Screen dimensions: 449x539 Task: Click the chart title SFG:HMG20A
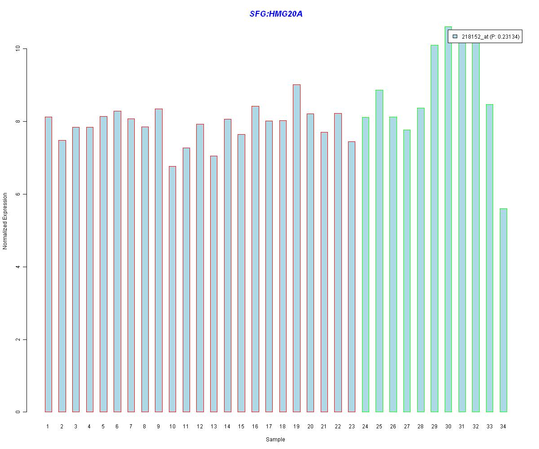[276, 14]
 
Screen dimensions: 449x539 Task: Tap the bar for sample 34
[503, 310]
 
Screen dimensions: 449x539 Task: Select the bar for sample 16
[255, 259]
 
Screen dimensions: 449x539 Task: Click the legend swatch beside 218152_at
[455, 37]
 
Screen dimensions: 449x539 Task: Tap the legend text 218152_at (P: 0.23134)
[490, 37]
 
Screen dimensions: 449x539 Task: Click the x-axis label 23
[351, 427]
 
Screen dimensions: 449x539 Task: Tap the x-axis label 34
[503, 427]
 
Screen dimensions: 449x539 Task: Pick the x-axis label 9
[159, 427]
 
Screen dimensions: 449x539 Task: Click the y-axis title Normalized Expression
[5, 221]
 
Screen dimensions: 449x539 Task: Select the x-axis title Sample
[275, 440]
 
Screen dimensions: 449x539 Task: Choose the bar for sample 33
[490, 258]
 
